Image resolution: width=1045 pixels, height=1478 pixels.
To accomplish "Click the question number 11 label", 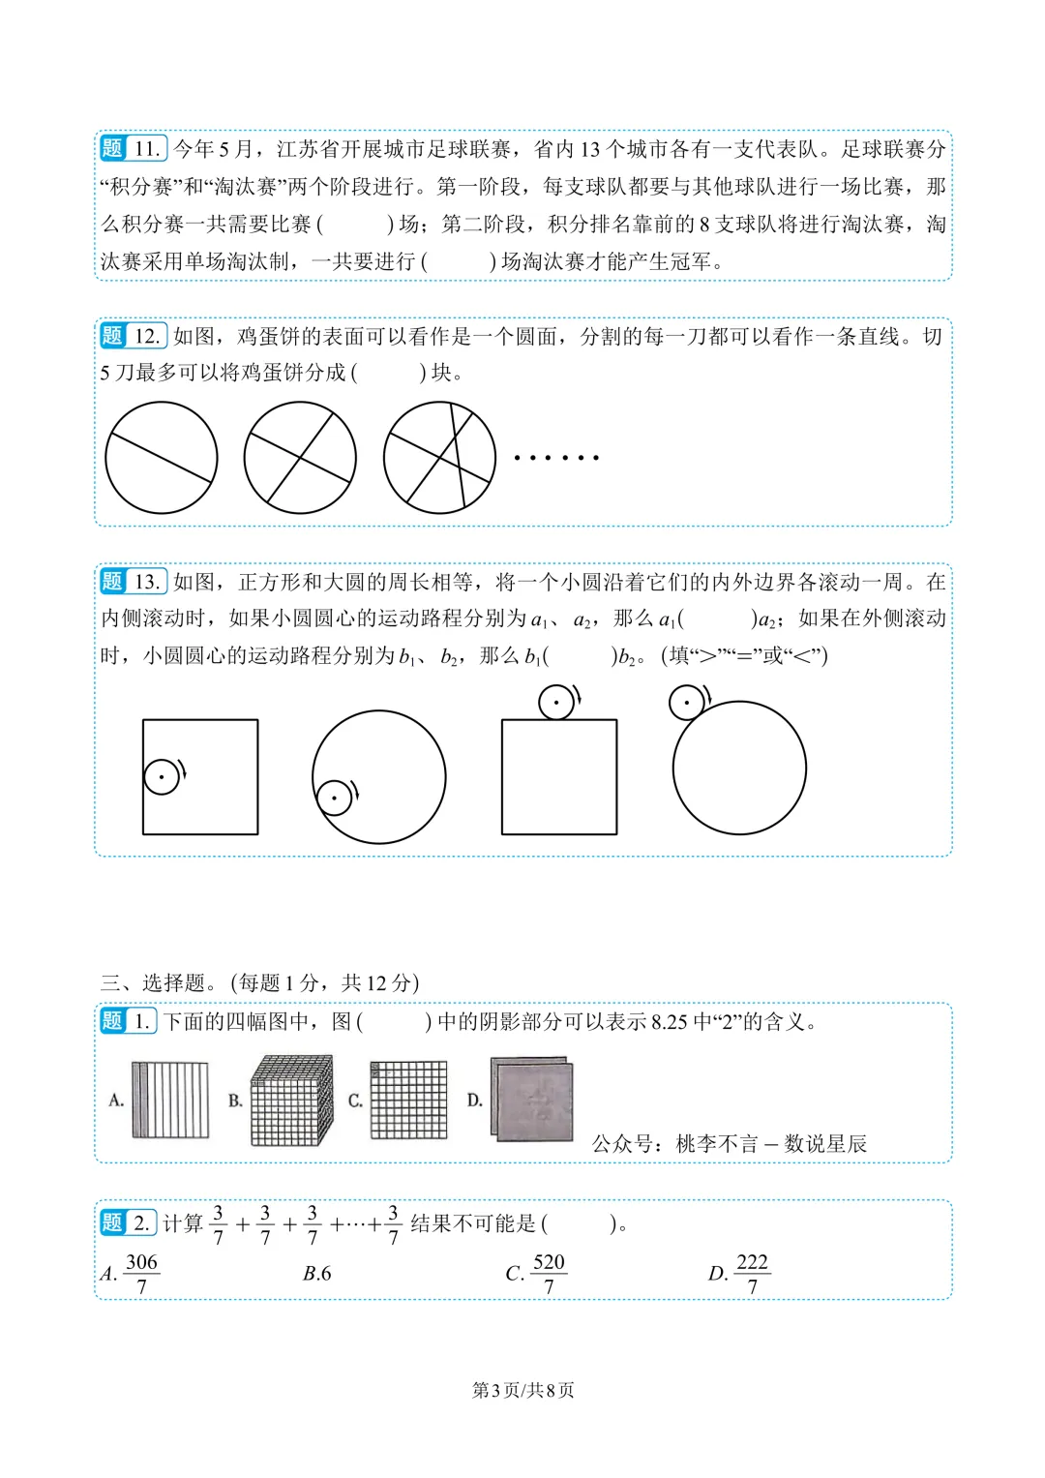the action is click(x=134, y=148).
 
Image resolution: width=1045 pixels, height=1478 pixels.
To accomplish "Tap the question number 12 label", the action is click(x=134, y=336).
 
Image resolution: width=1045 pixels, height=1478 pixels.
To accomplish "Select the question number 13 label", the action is click(x=134, y=582).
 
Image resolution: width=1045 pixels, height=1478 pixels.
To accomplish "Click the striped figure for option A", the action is click(x=170, y=1100).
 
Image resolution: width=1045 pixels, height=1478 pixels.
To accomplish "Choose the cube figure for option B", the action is click(x=292, y=1100).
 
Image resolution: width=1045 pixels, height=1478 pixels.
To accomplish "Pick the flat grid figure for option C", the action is click(x=408, y=1100).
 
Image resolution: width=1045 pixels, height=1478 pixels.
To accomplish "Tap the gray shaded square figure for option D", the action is click(x=532, y=1099).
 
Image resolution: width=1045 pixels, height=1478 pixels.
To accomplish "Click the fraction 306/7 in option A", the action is click(x=141, y=1274).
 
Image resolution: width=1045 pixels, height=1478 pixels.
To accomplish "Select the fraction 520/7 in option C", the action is click(x=549, y=1274).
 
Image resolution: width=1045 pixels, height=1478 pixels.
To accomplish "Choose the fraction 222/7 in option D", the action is click(x=752, y=1274).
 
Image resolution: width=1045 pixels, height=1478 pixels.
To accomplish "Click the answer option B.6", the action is click(x=316, y=1274).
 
